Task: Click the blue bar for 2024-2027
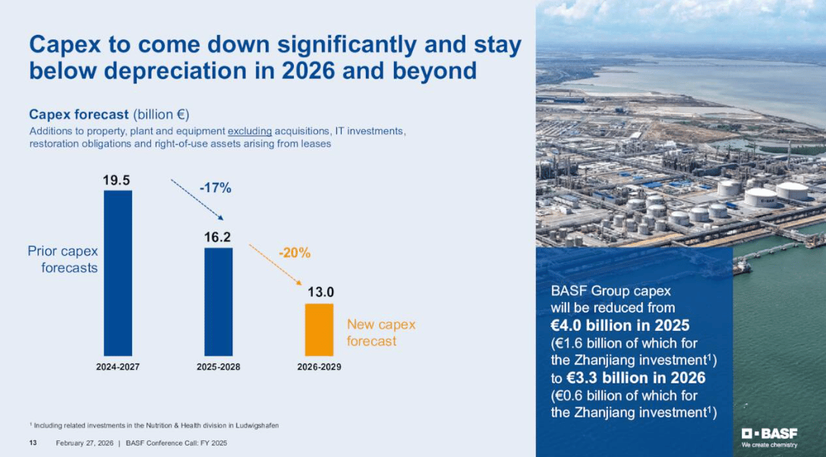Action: [x=118, y=273]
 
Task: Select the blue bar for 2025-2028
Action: [x=218, y=301]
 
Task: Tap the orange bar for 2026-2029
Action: [x=319, y=329]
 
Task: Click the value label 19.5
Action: [x=117, y=180]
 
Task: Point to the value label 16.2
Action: [x=217, y=238]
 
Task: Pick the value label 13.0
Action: [x=320, y=292]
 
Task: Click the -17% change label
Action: [x=215, y=188]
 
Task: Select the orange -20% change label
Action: [x=294, y=253]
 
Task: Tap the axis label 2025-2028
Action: [x=218, y=367]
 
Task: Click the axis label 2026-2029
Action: [x=319, y=367]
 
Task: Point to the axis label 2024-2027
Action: [x=118, y=367]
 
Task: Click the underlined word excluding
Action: [x=250, y=131]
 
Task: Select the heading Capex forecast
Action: [x=79, y=115]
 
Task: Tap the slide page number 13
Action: [x=33, y=443]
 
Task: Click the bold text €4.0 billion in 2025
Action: [x=619, y=326]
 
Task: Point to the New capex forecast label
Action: [x=381, y=333]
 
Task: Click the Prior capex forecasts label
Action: [x=64, y=259]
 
